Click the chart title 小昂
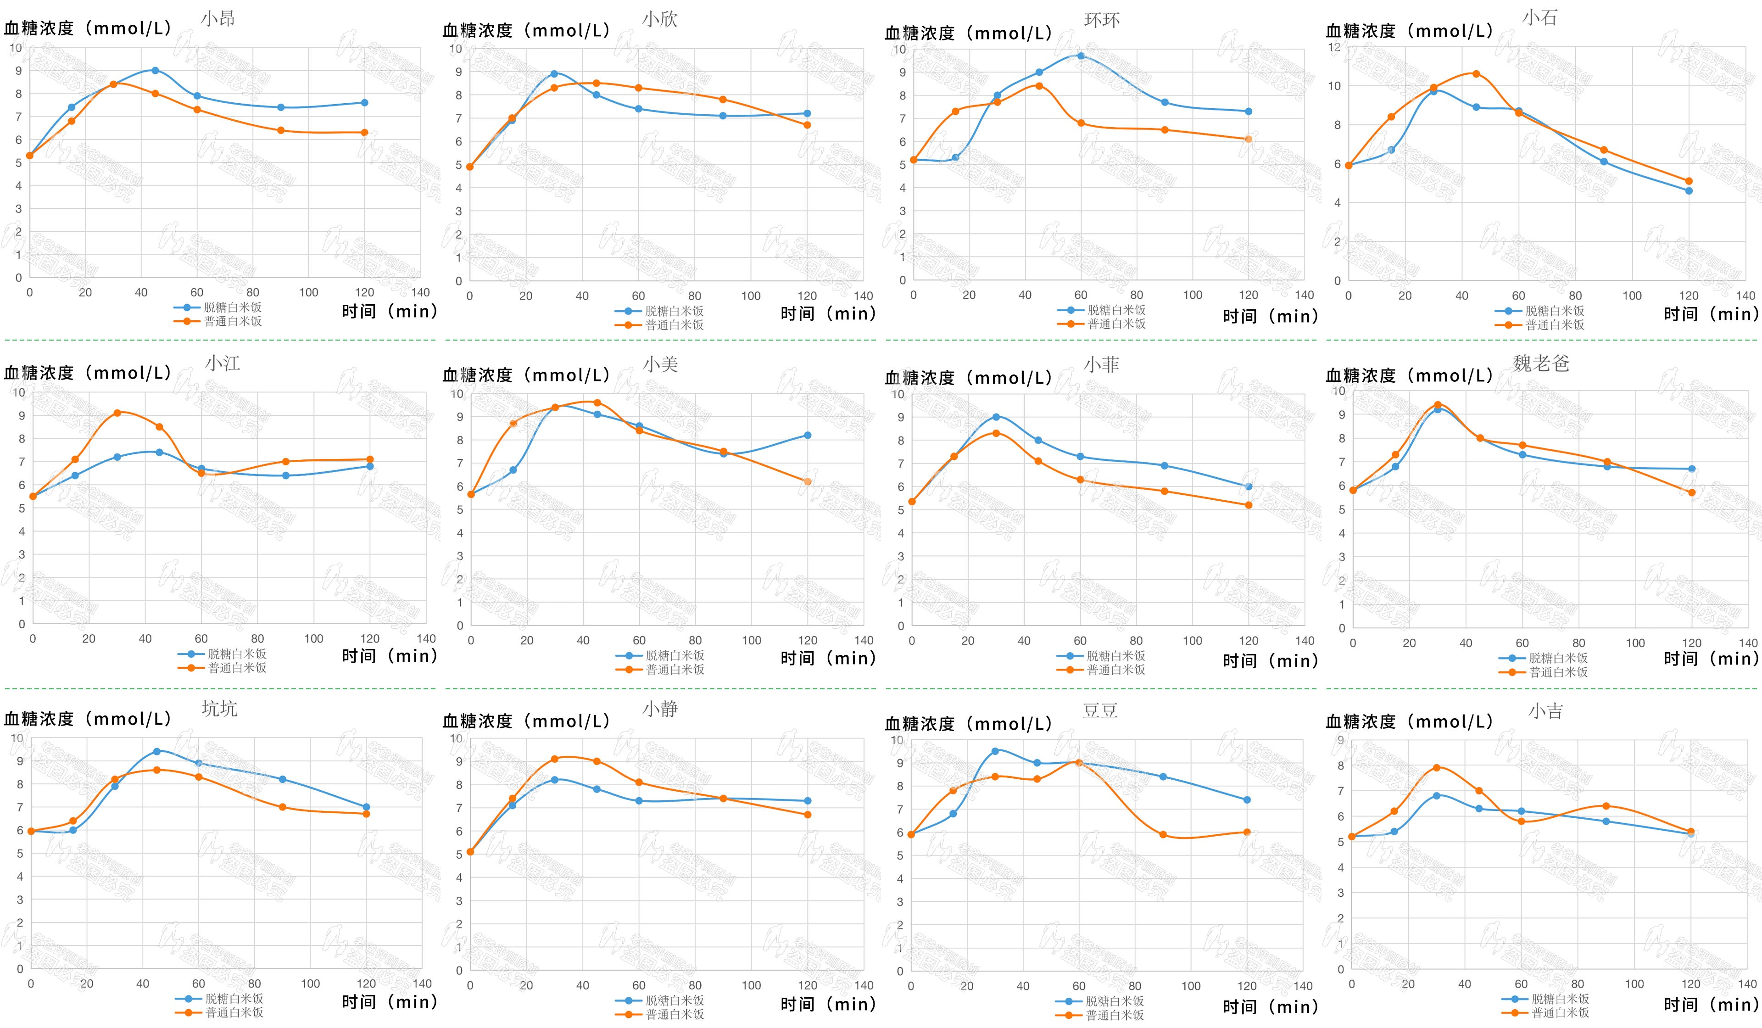click(217, 19)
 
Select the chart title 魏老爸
click(1541, 363)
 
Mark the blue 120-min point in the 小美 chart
click(808, 436)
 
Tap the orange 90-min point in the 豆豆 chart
click(1163, 835)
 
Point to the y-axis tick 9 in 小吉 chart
click(1340, 740)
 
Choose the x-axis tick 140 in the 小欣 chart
click(864, 296)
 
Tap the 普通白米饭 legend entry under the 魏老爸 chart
click(1558, 672)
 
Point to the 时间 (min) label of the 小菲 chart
click(1270, 661)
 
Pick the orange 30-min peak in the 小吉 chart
click(1437, 768)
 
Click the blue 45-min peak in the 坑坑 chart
click(156, 752)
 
